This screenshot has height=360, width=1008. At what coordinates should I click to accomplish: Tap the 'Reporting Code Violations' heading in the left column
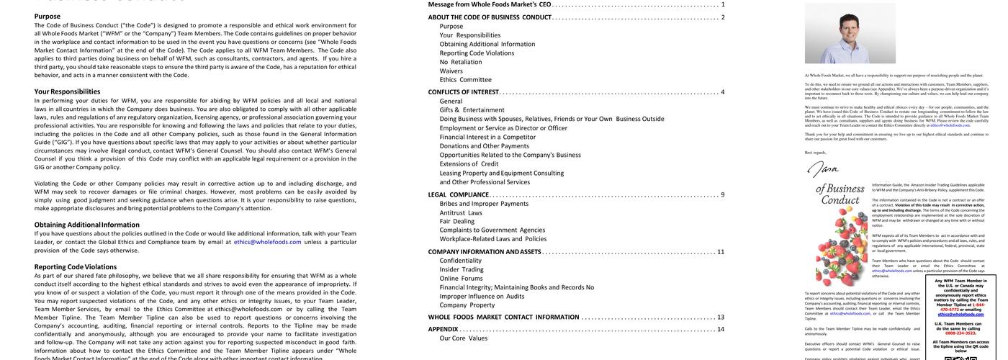[75, 266]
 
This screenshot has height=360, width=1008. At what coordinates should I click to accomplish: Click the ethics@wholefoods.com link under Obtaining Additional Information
[268, 242]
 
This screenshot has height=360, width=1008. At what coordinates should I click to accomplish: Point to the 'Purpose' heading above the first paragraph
[48, 16]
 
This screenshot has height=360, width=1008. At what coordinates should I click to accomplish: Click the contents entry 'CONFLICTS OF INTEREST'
[463, 92]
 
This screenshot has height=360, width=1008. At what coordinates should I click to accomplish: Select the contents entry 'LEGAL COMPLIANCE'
[458, 194]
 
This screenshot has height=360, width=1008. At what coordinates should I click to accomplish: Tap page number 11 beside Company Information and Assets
[721, 252]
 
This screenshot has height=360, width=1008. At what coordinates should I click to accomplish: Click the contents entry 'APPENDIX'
[444, 329]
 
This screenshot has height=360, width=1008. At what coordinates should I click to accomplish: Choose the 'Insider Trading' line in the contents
[462, 269]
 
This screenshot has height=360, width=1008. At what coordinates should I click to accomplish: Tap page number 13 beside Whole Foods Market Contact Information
[721, 317]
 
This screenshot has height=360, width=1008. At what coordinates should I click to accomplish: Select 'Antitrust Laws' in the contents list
[461, 212]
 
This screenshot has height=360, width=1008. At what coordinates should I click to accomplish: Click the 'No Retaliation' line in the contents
[461, 62]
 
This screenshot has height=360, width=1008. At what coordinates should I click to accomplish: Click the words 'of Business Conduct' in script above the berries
[839, 194]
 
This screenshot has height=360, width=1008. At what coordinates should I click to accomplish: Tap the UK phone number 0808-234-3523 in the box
[960, 333]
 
